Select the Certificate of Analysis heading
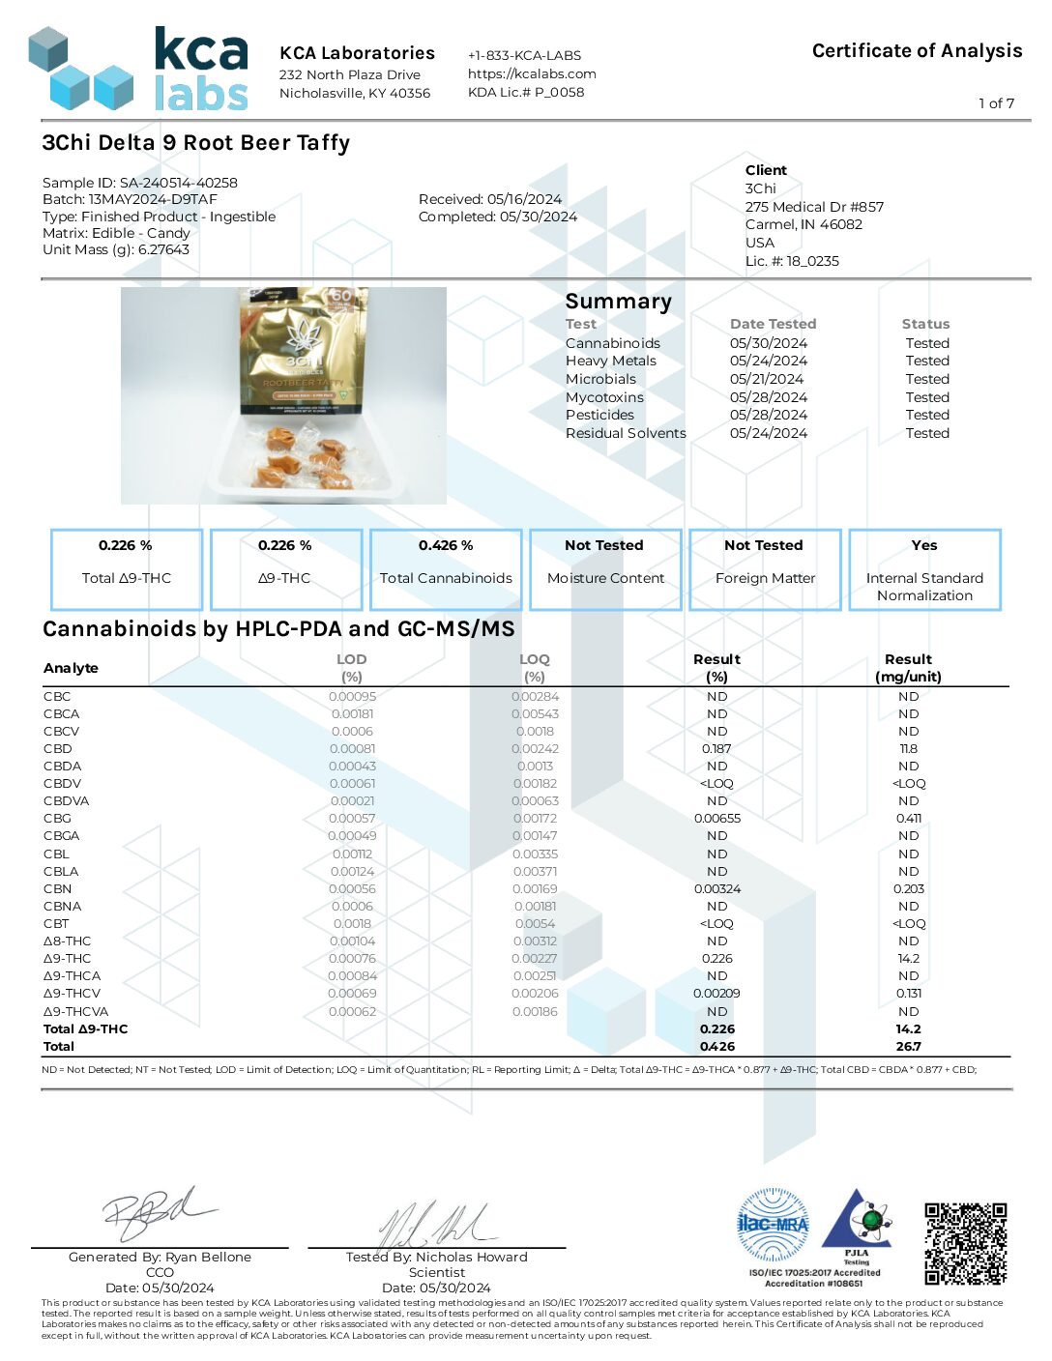click(917, 51)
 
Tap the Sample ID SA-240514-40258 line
click(140, 183)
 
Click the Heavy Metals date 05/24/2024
click(769, 361)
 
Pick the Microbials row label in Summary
click(600, 379)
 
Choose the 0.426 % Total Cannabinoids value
click(446, 545)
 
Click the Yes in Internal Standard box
click(924, 545)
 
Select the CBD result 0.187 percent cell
click(716, 748)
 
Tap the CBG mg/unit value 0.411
click(908, 818)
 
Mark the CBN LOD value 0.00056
click(352, 888)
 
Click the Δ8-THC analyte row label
click(68, 941)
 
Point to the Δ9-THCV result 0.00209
click(716, 993)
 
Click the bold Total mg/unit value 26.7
click(908, 1046)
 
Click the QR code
click(965, 1243)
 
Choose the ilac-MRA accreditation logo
click(773, 1225)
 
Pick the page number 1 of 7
click(996, 103)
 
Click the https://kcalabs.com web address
click(532, 73)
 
